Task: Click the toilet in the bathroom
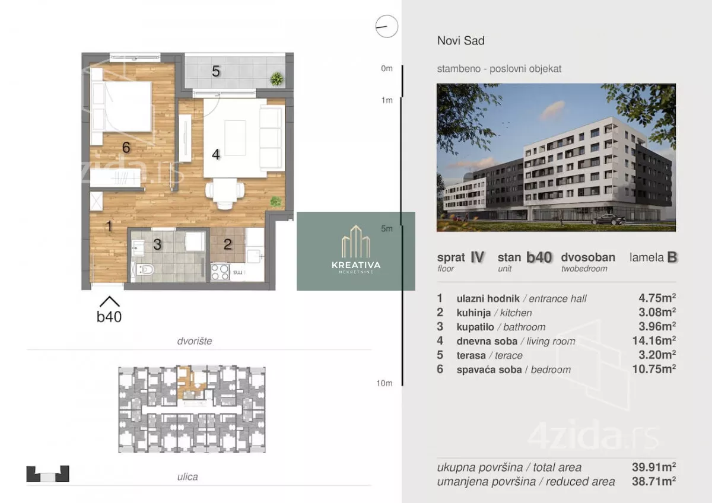point(145,270)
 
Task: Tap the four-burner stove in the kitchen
point(220,272)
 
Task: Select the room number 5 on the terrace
point(216,71)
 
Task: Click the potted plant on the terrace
point(276,79)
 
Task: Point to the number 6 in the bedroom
point(126,148)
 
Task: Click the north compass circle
point(386,26)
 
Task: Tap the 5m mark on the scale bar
point(386,228)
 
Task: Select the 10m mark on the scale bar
point(384,383)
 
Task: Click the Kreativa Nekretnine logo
point(356,251)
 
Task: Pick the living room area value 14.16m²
point(654,340)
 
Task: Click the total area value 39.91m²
point(654,467)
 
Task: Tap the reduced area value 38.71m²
point(654,482)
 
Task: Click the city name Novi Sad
point(461,41)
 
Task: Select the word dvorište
point(195,341)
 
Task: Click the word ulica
point(187,477)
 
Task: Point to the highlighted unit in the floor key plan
point(190,383)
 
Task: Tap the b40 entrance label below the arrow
point(109,317)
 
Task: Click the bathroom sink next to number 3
point(138,248)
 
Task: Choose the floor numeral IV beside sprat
point(477,257)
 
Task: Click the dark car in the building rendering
point(608,219)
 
